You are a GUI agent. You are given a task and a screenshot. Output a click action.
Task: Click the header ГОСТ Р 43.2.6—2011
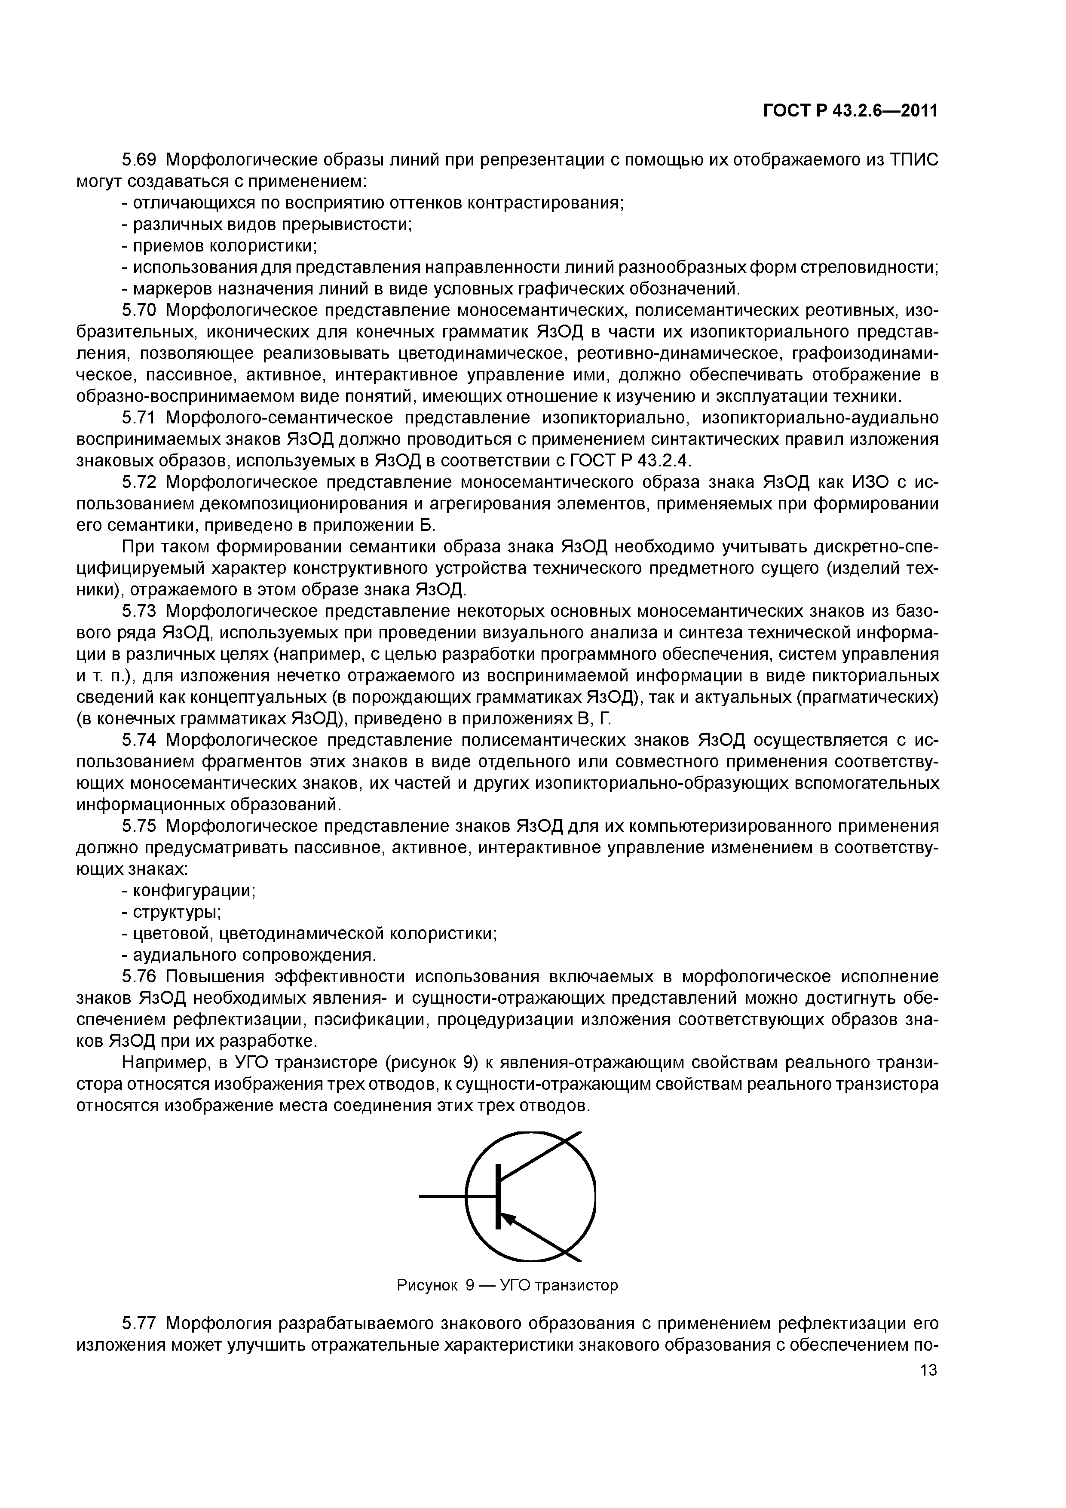tap(850, 111)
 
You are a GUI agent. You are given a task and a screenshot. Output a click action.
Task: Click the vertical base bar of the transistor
tap(499, 1197)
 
